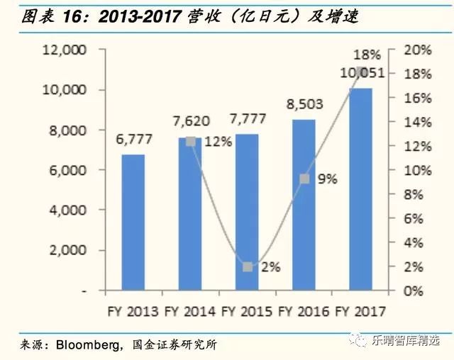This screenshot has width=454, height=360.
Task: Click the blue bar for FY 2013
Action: tap(133, 223)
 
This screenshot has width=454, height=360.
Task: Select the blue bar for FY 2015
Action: tap(247, 212)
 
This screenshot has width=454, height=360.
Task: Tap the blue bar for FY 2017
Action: tap(360, 189)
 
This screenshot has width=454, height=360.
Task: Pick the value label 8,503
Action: tap(304, 104)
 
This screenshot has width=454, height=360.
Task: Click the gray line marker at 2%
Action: tap(248, 267)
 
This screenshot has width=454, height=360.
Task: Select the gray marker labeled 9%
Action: tap(304, 179)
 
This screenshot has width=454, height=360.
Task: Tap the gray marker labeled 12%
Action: tap(190, 141)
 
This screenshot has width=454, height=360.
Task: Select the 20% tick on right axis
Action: tap(419, 50)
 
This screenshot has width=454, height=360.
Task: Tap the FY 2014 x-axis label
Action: tap(190, 312)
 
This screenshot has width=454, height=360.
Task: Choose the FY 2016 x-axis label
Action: tap(304, 312)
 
